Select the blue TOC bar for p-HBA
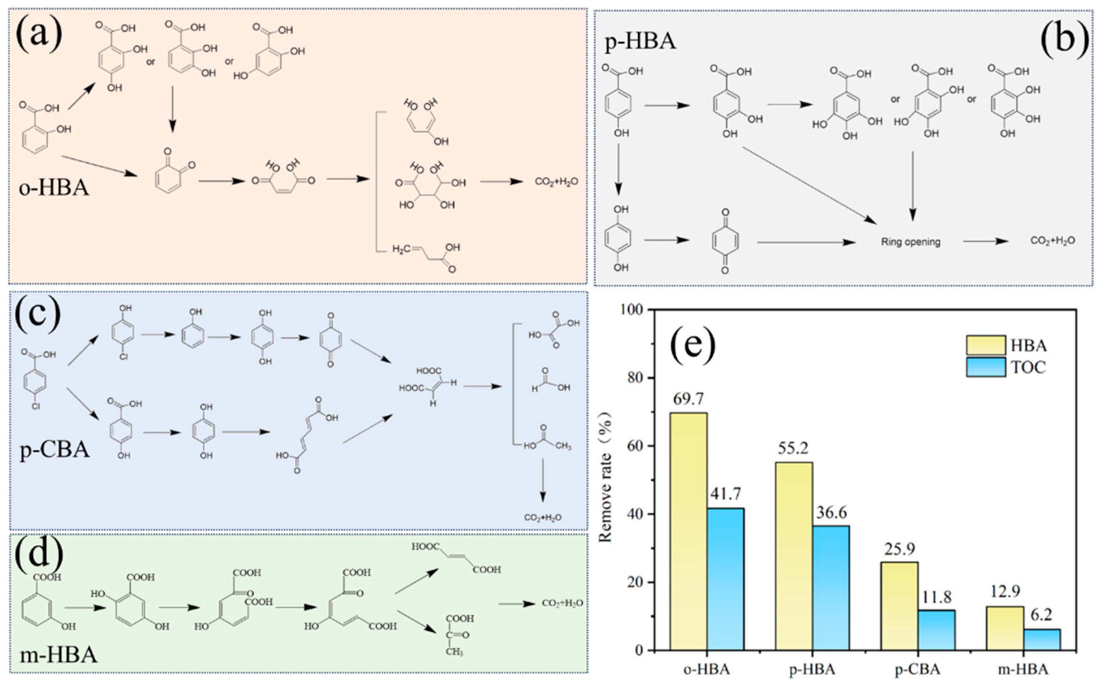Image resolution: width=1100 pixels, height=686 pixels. pyautogui.click(x=831, y=588)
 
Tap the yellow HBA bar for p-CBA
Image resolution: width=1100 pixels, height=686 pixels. pyautogui.click(x=899, y=606)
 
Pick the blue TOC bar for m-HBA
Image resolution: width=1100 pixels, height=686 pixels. pyautogui.click(x=1042, y=639)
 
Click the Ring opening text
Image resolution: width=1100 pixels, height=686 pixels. pyautogui.click(x=910, y=242)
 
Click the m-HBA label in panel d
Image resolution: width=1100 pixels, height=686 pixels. pyautogui.click(x=58, y=655)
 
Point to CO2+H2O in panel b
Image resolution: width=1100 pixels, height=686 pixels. pyautogui.click(x=1053, y=241)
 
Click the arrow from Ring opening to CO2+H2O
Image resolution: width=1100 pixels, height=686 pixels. pyautogui.click(x=986, y=242)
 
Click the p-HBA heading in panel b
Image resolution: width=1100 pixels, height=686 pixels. pyautogui.click(x=641, y=42)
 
